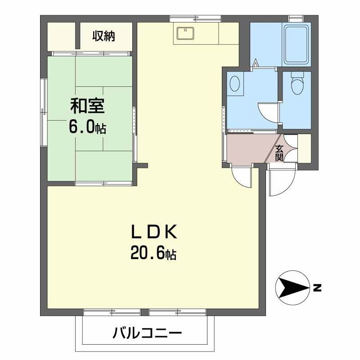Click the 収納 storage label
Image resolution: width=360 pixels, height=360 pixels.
(104, 36)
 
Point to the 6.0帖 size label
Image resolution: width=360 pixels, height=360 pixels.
(87, 128)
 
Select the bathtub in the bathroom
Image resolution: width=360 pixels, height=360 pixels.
(296, 43)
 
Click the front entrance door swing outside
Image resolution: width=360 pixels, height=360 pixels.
(281, 182)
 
